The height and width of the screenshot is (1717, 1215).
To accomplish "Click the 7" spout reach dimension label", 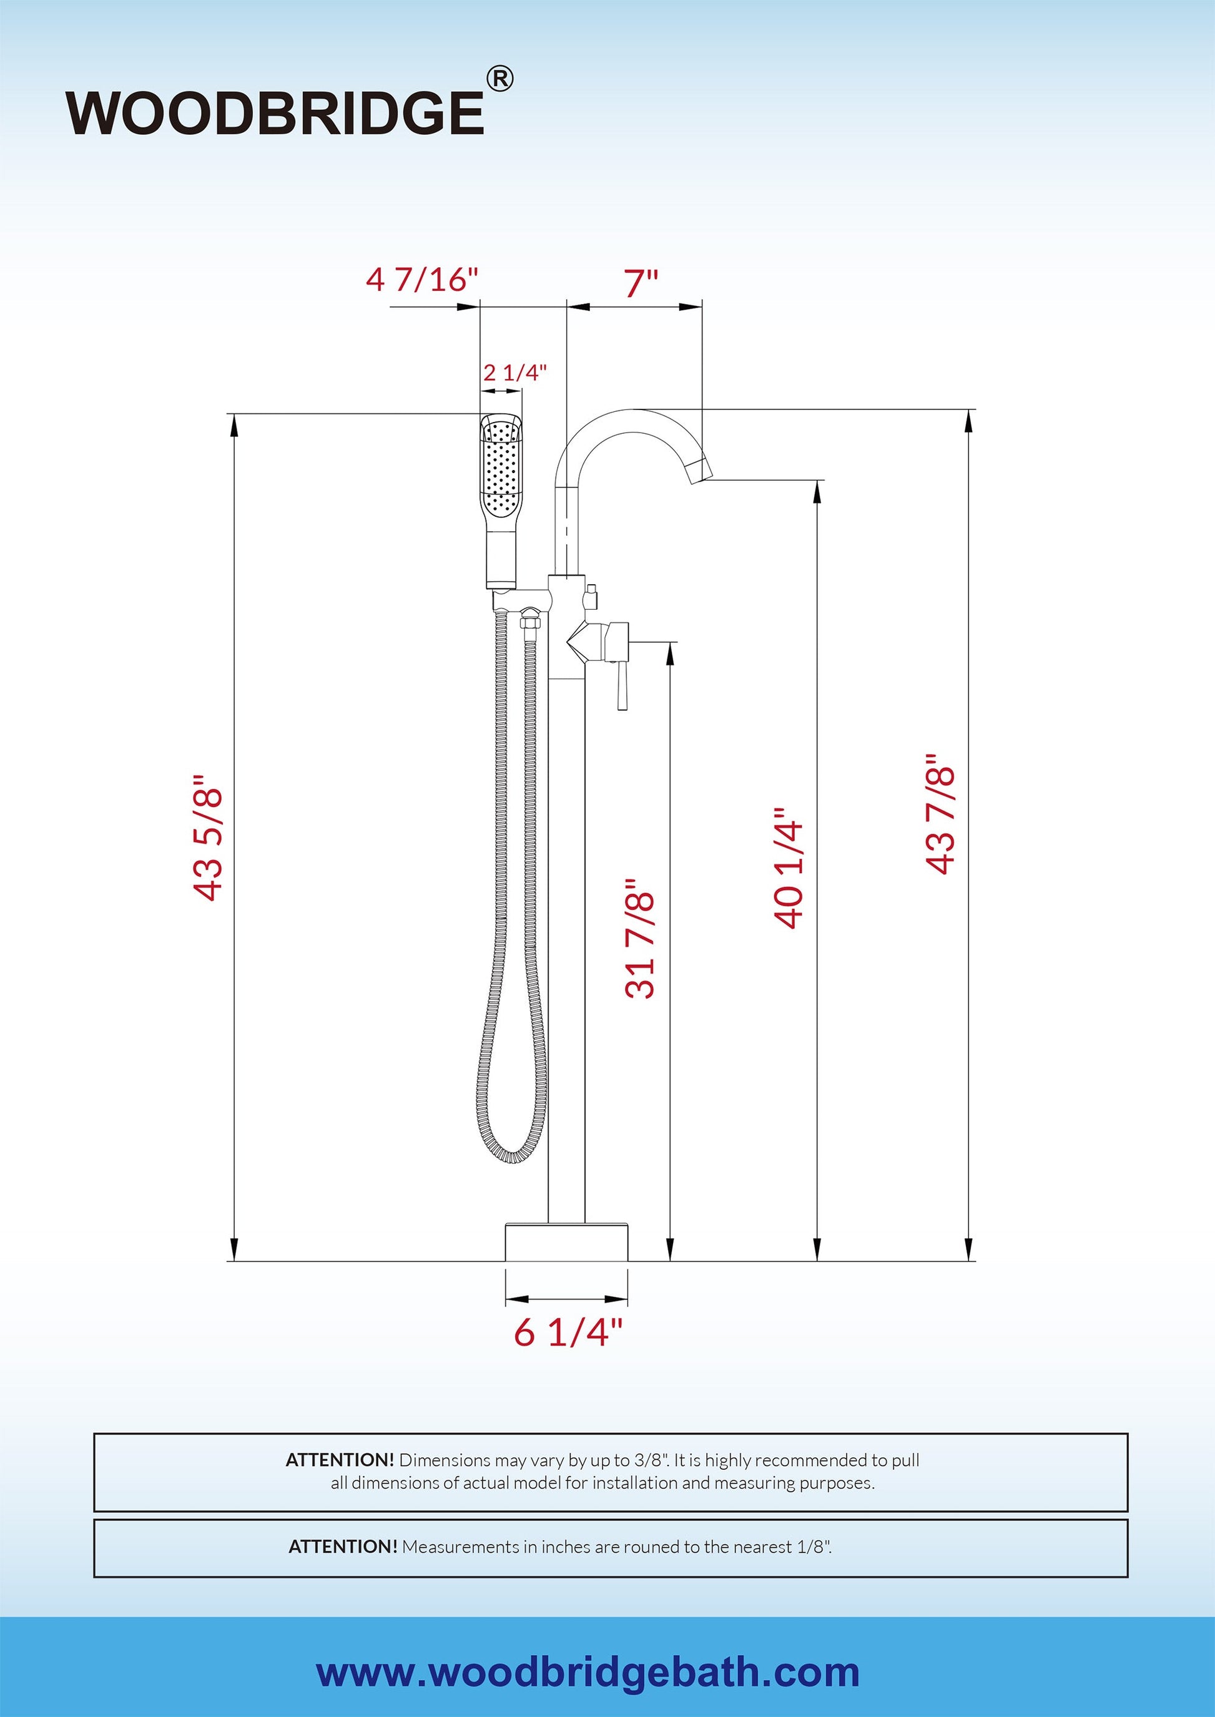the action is (x=641, y=284).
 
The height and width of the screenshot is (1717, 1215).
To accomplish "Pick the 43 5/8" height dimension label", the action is (x=208, y=837).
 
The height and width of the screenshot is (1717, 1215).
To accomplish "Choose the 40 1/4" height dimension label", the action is (x=789, y=868).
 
